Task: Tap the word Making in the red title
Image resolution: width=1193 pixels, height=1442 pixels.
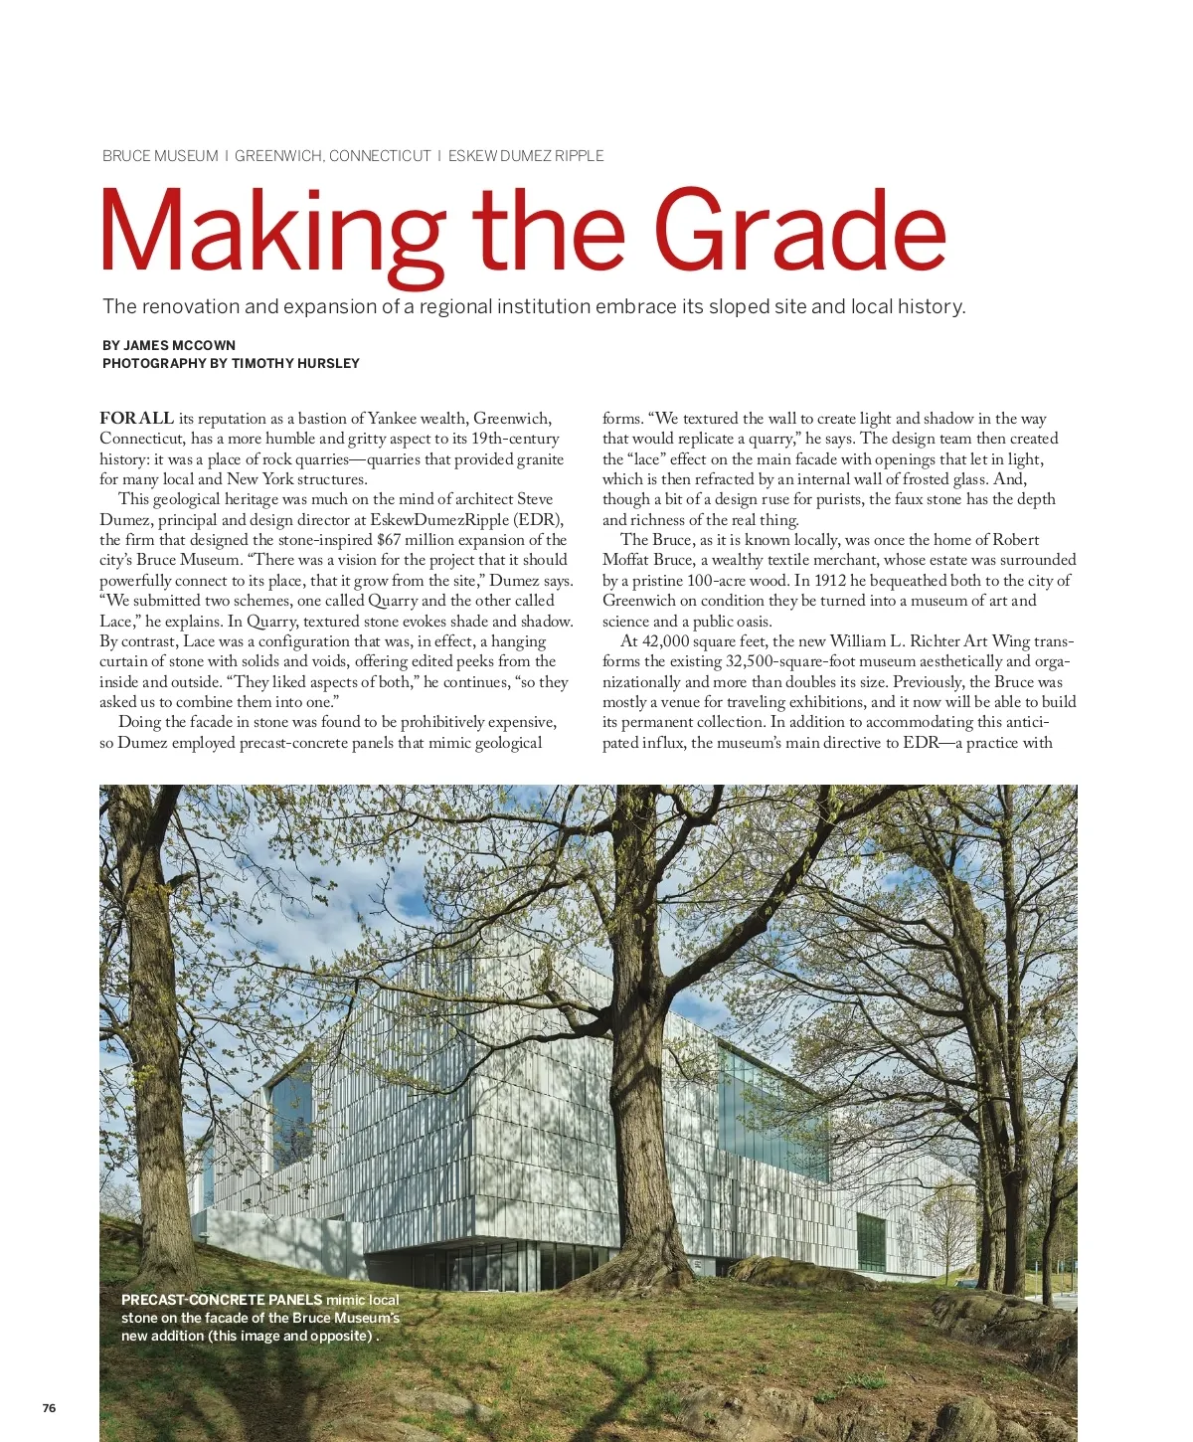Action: pyautogui.click(x=270, y=235)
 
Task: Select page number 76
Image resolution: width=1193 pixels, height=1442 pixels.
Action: pyautogui.click(x=49, y=1408)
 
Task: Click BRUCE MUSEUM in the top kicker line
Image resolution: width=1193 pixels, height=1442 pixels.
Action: pyautogui.click(x=160, y=156)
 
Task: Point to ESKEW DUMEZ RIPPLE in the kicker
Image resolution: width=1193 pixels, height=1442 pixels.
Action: pyautogui.click(x=526, y=156)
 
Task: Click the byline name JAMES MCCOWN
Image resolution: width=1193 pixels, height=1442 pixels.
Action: pyautogui.click(x=179, y=345)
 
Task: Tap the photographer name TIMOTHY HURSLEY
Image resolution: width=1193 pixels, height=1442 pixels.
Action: pyautogui.click(x=295, y=363)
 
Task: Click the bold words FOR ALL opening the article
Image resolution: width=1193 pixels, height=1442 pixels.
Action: pyautogui.click(x=136, y=418)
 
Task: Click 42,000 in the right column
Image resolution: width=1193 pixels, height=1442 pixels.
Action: pyautogui.click(x=666, y=641)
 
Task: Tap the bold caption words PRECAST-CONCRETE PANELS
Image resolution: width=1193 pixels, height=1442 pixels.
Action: pyautogui.click(x=222, y=1300)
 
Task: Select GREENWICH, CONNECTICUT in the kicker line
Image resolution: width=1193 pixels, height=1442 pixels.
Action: pyautogui.click(x=333, y=156)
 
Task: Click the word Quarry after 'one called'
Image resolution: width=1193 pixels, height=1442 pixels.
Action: pyautogui.click(x=393, y=601)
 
